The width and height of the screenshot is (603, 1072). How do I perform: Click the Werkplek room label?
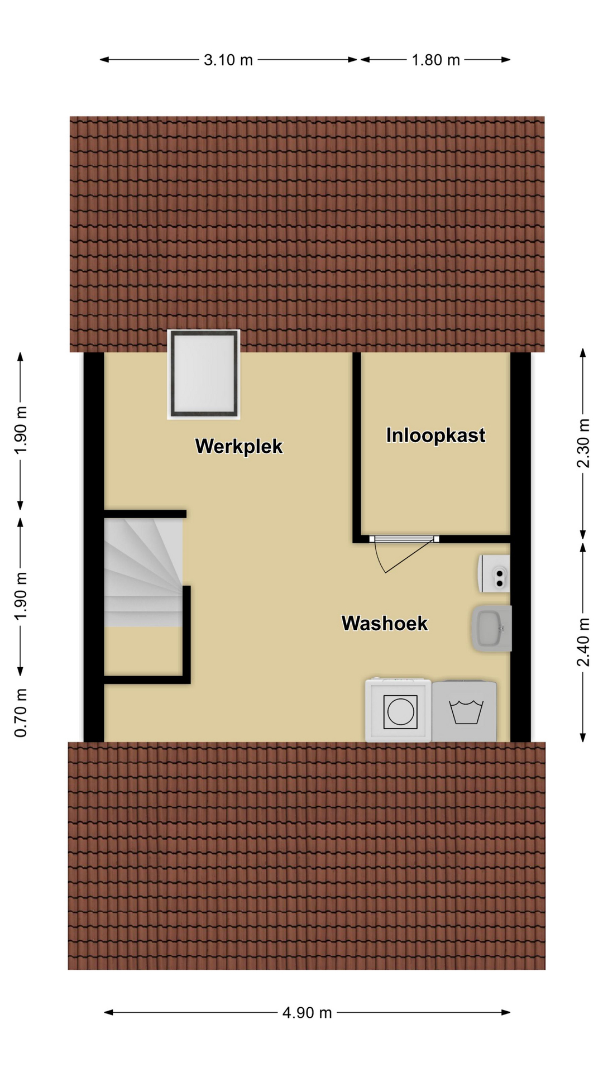[x=239, y=447]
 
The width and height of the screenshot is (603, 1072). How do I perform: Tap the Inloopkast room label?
[x=435, y=435]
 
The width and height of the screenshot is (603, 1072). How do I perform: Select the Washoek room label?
[x=385, y=623]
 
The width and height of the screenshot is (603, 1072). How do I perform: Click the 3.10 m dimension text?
[x=228, y=60]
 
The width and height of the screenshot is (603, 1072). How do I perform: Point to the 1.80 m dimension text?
[x=435, y=60]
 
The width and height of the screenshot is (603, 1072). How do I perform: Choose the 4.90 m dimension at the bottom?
[x=307, y=1012]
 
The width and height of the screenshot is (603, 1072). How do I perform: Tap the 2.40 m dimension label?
[x=583, y=642]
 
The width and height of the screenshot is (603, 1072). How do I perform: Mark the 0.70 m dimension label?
[x=21, y=712]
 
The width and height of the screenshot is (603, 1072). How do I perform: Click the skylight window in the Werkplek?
[x=204, y=374]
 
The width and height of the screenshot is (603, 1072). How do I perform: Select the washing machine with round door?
[x=398, y=710]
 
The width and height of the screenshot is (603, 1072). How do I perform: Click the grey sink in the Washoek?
[x=491, y=629]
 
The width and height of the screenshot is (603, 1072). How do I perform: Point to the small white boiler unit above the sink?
[x=494, y=573]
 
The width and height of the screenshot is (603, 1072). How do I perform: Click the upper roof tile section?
[x=307, y=234]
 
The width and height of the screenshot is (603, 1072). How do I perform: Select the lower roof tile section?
[x=307, y=855]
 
